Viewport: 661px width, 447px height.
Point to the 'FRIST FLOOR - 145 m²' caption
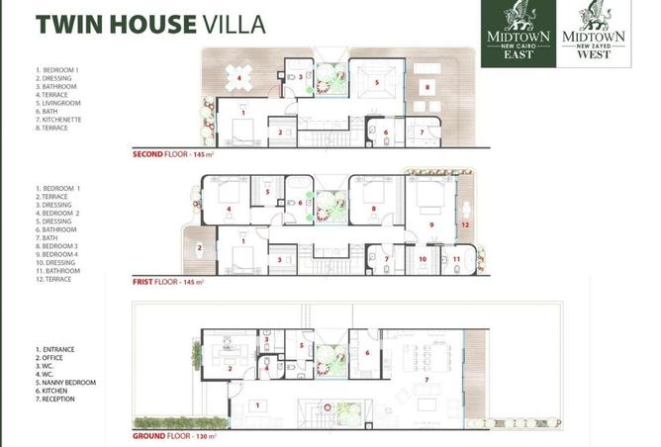pyautogui.click(x=169, y=282)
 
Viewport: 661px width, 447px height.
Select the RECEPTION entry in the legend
pyautogui.click(x=56, y=399)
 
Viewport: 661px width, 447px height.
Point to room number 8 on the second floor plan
pyautogui.click(x=426, y=87)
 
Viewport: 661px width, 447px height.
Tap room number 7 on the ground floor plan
pyautogui.click(x=425, y=380)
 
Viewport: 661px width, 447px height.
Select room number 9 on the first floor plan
pyautogui.click(x=431, y=225)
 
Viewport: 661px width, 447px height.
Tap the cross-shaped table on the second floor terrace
pyautogui.click(x=238, y=77)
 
